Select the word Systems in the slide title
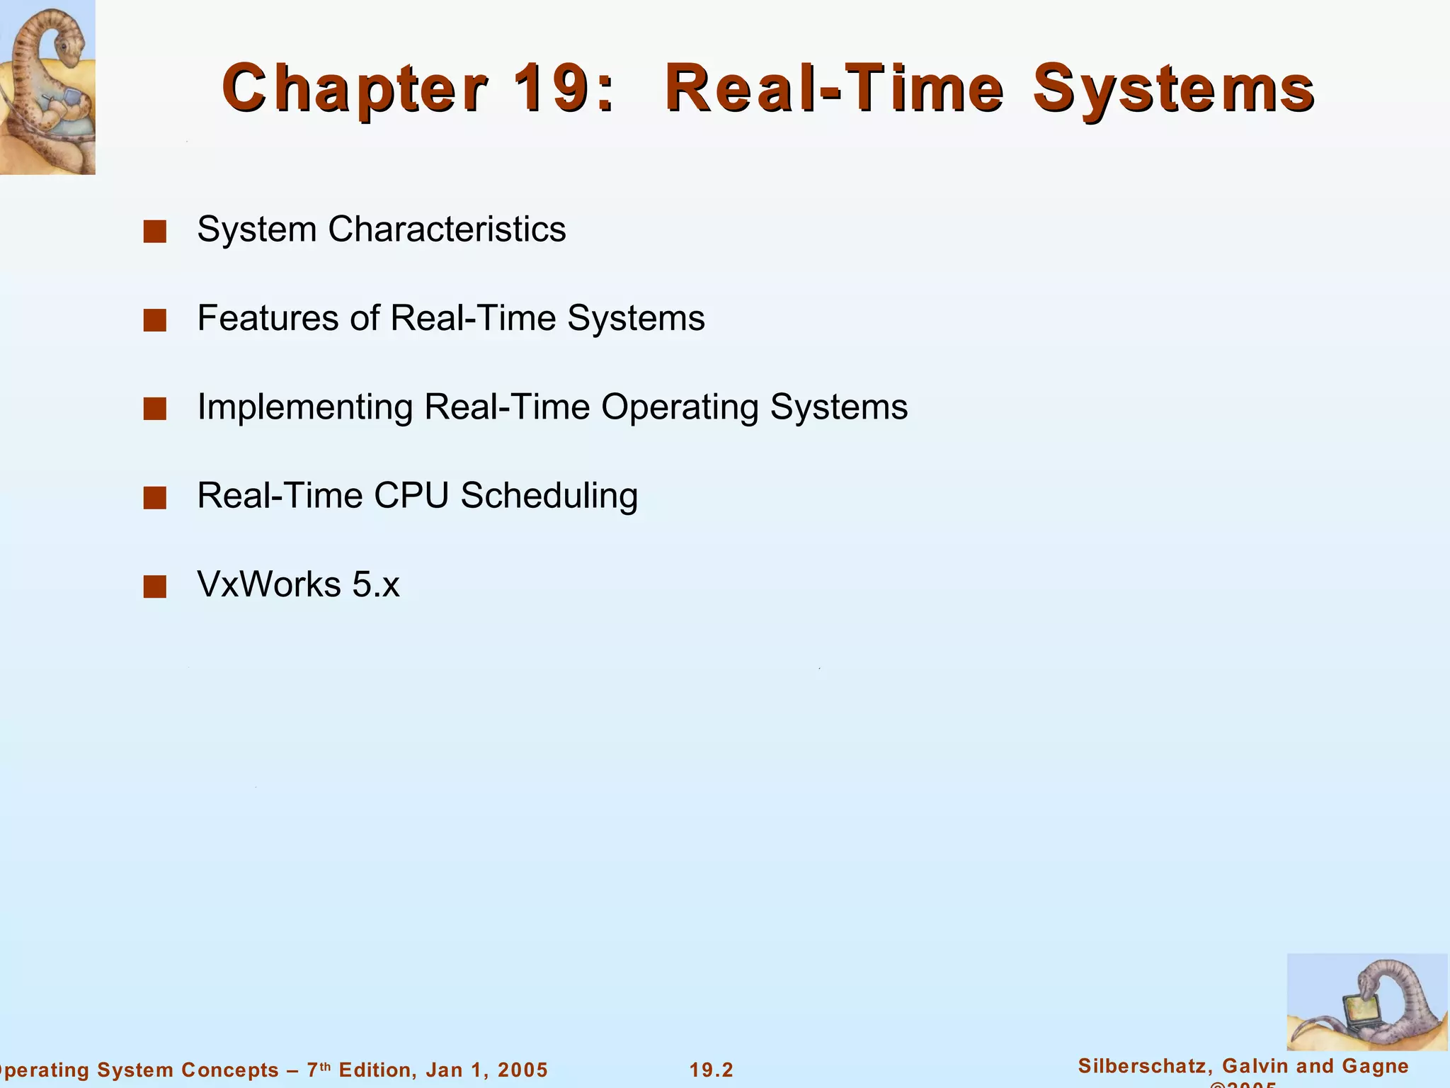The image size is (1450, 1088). [1173, 89]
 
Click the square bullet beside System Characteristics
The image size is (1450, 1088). [154, 232]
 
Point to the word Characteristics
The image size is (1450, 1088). [447, 229]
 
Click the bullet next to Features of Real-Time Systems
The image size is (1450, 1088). [154, 320]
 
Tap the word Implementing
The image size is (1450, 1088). [304, 408]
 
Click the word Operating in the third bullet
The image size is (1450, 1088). [680, 408]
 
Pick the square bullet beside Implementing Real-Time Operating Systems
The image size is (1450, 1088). [154, 409]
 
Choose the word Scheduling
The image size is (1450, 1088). [549, 497]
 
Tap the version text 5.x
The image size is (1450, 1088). [376, 584]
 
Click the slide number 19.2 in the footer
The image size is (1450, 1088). [712, 1070]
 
